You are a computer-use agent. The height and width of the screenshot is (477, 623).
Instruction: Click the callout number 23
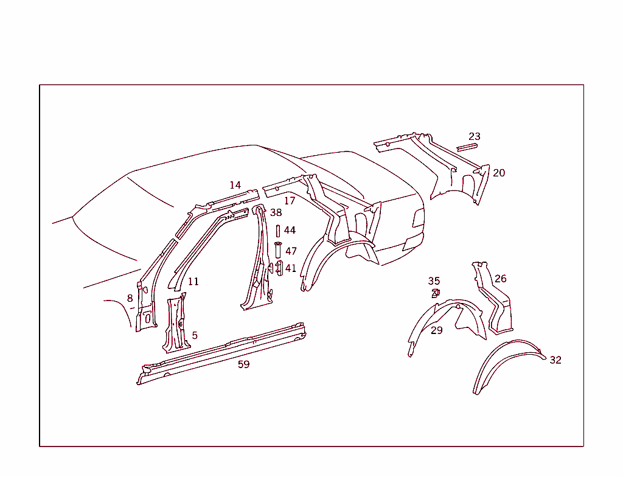pos(475,136)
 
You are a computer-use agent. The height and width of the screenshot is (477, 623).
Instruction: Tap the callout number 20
pos(499,173)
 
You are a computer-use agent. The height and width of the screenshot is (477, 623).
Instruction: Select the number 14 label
pos(235,185)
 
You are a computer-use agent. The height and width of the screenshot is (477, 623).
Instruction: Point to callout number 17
pos(290,201)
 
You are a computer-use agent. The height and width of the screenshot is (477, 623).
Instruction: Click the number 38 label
pos(276,213)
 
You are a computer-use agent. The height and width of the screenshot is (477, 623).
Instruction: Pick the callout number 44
pos(290,230)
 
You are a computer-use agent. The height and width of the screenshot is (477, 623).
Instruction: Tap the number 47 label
pos(291,251)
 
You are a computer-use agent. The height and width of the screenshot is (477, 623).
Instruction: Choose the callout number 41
pos(290,268)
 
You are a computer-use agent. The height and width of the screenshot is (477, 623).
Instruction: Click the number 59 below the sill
pos(243,364)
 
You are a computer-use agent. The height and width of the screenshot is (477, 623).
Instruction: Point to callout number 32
pos(555,360)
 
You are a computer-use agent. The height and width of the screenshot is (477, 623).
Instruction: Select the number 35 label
pos(434,282)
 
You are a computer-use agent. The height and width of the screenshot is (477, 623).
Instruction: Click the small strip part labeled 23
pos(467,147)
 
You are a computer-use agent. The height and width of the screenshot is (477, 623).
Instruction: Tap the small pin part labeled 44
pos(277,231)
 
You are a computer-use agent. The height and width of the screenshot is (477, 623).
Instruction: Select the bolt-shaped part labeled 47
pos(277,249)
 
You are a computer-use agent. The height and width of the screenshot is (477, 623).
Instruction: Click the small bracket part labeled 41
pos(279,268)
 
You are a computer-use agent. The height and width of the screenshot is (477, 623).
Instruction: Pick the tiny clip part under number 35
pos(436,294)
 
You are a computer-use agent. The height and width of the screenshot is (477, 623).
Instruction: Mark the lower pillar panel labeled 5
pos(176,324)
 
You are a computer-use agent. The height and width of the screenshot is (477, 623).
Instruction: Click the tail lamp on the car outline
pos(418,218)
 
